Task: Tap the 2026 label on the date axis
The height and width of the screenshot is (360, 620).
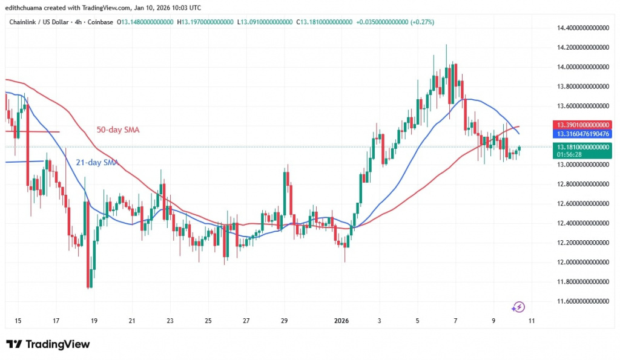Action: (341, 320)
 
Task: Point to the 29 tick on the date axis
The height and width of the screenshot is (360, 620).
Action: (284, 320)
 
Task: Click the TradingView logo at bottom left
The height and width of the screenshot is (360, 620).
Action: (48, 344)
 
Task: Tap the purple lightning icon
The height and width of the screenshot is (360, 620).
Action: (518, 307)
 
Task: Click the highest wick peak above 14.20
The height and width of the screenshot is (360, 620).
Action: (446, 46)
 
